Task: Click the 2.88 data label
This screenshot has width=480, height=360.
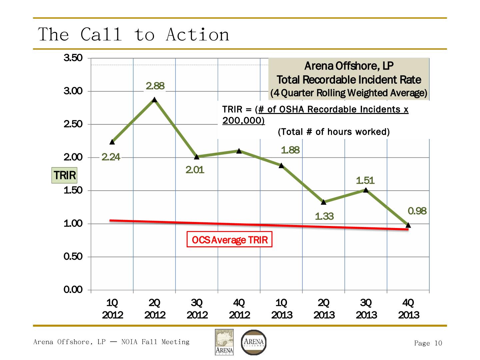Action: pos(155,86)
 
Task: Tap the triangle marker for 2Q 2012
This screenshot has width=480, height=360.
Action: pos(154,100)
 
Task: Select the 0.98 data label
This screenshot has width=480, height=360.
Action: pos(417,211)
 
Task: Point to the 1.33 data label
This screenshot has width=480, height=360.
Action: pos(324,216)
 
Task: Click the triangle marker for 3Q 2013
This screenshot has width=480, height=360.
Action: pos(366,190)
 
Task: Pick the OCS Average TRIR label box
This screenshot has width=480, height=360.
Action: pos(230,240)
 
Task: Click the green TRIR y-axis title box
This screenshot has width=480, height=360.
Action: pos(64,175)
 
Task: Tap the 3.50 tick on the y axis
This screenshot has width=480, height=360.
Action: pos(73,58)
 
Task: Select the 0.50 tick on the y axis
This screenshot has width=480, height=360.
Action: pos(73,257)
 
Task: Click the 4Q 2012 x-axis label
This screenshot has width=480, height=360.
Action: pos(239,309)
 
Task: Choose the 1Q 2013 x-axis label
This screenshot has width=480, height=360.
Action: pos(281,309)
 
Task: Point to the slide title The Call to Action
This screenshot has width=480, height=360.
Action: pos(134,34)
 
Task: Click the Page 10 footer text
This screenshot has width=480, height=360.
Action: pos(428,343)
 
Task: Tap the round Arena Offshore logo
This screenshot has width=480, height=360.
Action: pos(254,342)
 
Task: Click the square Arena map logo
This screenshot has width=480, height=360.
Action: pos(224,342)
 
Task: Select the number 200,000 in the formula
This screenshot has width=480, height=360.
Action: pos(243,121)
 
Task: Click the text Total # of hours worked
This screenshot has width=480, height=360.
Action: pos(334,132)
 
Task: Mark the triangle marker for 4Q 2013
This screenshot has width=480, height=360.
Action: pos(408,225)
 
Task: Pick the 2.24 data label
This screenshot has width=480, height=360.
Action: pos(111,157)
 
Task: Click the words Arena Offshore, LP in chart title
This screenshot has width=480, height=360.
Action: pos(349,66)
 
